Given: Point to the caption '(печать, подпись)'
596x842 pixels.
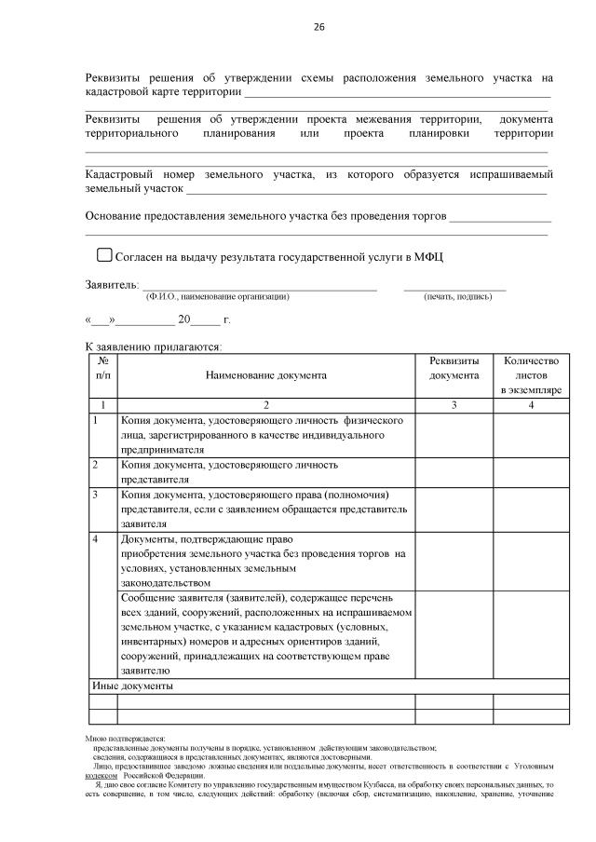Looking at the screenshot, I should point(456,296).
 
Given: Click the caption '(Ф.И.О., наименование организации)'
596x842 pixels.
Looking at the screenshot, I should point(217,296).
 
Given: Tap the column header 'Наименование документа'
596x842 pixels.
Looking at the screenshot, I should point(266,375).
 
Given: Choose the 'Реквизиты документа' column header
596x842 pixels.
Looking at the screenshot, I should point(454,368).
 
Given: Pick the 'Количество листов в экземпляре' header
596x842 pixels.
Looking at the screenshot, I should point(530,375).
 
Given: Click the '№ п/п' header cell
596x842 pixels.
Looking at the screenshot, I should point(102,368).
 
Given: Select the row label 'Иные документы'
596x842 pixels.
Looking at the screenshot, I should point(131,686).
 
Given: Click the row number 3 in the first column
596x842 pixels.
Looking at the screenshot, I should point(95,494).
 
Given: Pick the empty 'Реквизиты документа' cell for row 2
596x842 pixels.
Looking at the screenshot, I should point(454,471).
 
